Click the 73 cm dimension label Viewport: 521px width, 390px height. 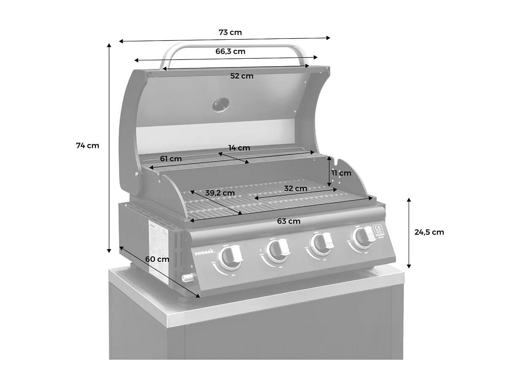pos(230,32)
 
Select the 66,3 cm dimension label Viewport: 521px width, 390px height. pos(230,51)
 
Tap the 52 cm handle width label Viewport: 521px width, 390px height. pos(242,76)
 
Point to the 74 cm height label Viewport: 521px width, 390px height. pos(87,146)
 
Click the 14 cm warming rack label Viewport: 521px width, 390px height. pos(239,148)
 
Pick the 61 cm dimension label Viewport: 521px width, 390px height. pos(171,159)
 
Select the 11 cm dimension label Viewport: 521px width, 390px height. pos(341,173)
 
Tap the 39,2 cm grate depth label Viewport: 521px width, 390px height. pos(220,193)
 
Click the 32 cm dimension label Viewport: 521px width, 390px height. pos(295,189)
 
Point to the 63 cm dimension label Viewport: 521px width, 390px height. pos(289,221)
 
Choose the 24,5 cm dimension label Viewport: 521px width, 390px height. pos(429,232)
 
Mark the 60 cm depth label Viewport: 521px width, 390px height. pos(157,259)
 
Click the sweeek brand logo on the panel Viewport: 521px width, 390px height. pos(205,252)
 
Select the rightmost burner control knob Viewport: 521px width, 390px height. pos(364,237)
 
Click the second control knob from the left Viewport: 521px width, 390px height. pos(277,250)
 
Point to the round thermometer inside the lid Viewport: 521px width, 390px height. pos(221,105)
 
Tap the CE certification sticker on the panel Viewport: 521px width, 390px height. pos(377,230)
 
